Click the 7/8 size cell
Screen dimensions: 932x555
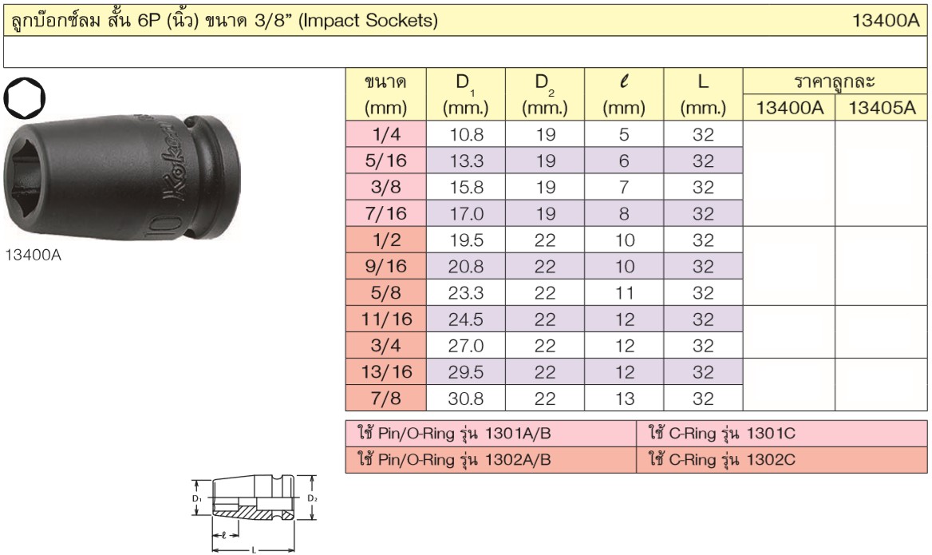coord(385,398)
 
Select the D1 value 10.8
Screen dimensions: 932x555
coord(466,134)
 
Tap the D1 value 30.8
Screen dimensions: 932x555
coord(466,398)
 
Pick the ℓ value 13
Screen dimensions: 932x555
coord(624,398)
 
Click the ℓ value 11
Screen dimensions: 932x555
coord(624,292)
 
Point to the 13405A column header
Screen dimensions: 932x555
coord(882,108)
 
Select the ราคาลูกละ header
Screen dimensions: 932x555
coord(835,81)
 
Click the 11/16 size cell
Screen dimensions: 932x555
coord(385,319)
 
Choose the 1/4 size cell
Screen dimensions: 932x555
coord(385,134)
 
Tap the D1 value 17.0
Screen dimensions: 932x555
coord(466,213)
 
